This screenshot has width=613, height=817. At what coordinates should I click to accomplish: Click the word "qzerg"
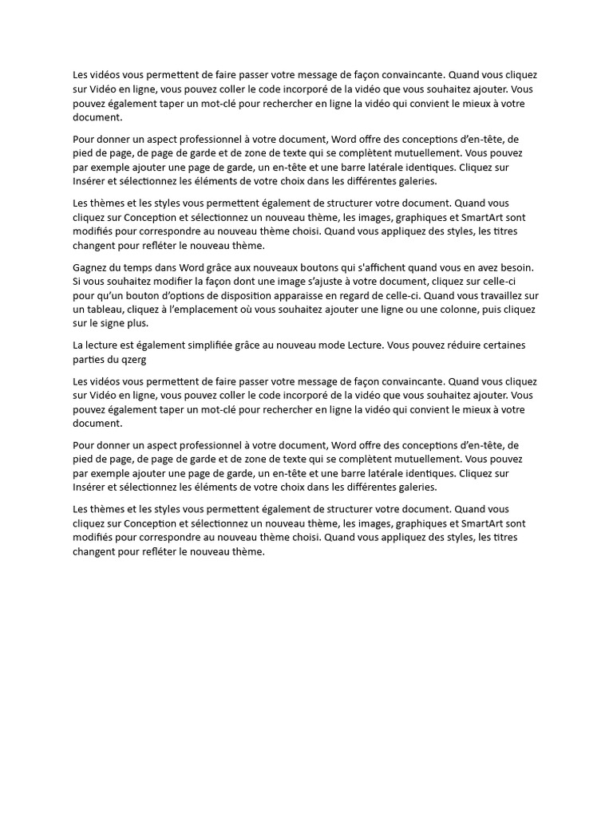[132, 359]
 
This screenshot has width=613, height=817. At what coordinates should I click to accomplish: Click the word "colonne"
[457, 309]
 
